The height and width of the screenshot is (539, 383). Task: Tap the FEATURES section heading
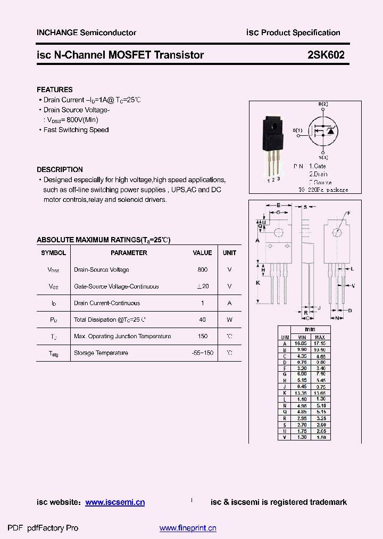pyautogui.click(x=55, y=89)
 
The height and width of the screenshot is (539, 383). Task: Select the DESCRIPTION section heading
pyautogui.click(x=60, y=169)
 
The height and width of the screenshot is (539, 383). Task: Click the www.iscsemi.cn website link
pyautogui.click(x=115, y=502)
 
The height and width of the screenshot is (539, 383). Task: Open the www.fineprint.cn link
pyautogui.click(x=188, y=528)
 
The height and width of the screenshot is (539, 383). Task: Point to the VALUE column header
pyautogui.click(x=202, y=253)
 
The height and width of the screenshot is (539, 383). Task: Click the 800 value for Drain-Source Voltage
pyautogui.click(x=202, y=270)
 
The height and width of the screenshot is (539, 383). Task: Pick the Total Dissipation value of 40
pyautogui.click(x=202, y=320)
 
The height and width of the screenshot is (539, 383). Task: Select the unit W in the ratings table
pyautogui.click(x=229, y=320)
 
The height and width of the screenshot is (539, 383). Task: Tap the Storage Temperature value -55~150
pyautogui.click(x=202, y=353)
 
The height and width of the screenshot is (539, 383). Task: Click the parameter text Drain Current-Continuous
pyautogui.click(x=107, y=303)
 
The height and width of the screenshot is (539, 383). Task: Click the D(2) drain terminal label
pyautogui.click(x=323, y=104)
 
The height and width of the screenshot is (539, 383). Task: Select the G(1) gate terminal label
pyautogui.click(x=297, y=130)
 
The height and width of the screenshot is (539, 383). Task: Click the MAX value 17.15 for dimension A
pyautogui.click(x=320, y=344)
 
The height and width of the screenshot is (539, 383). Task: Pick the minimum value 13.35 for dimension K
pyautogui.click(x=302, y=393)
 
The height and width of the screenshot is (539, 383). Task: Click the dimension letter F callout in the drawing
pyautogui.click(x=349, y=213)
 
